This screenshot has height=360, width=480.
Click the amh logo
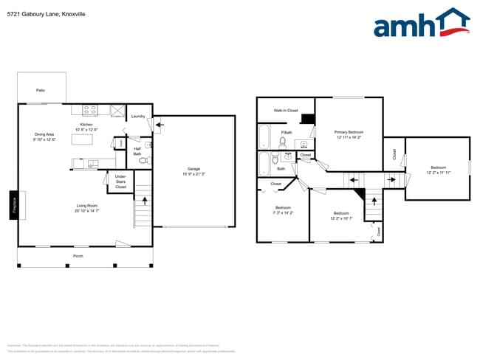tap(421, 24)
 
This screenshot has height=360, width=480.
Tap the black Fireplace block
tap(13, 204)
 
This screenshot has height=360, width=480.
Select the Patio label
tap(40, 90)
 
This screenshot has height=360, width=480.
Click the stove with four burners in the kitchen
tap(90, 111)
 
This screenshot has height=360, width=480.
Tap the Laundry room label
tap(138, 117)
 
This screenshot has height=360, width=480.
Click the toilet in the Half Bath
tap(144, 159)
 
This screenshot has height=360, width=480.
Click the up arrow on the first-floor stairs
tap(144, 198)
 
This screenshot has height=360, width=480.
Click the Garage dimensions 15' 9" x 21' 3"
tap(193, 174)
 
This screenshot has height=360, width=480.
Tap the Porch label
tap(78, 256)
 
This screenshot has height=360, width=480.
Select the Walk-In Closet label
tap(285, 110)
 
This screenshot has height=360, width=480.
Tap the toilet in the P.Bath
tap(283, 142)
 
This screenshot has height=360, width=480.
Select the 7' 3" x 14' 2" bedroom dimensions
tap(284, 212)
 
